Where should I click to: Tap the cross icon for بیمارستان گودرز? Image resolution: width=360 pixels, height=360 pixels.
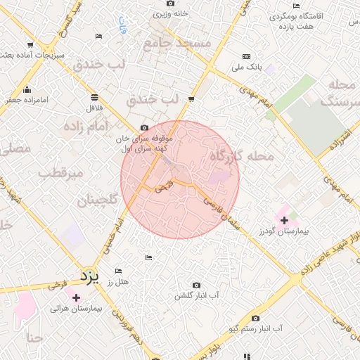click(x=285, y=221)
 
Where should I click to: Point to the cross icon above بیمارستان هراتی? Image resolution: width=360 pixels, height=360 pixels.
click(x=77, y=297)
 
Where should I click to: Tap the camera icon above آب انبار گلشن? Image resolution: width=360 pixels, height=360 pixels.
click(x=195, y=285)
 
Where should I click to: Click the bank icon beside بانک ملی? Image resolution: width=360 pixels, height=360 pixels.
click(x=246, y=56)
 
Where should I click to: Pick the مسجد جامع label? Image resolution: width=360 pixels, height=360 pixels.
click(x=177, y=44)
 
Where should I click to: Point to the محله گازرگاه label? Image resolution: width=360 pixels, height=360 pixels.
click(x=242, y=156)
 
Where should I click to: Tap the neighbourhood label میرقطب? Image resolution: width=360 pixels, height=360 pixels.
click(x=61, y=172)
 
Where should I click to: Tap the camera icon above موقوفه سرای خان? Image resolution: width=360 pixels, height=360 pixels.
click(x=144, y=128)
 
